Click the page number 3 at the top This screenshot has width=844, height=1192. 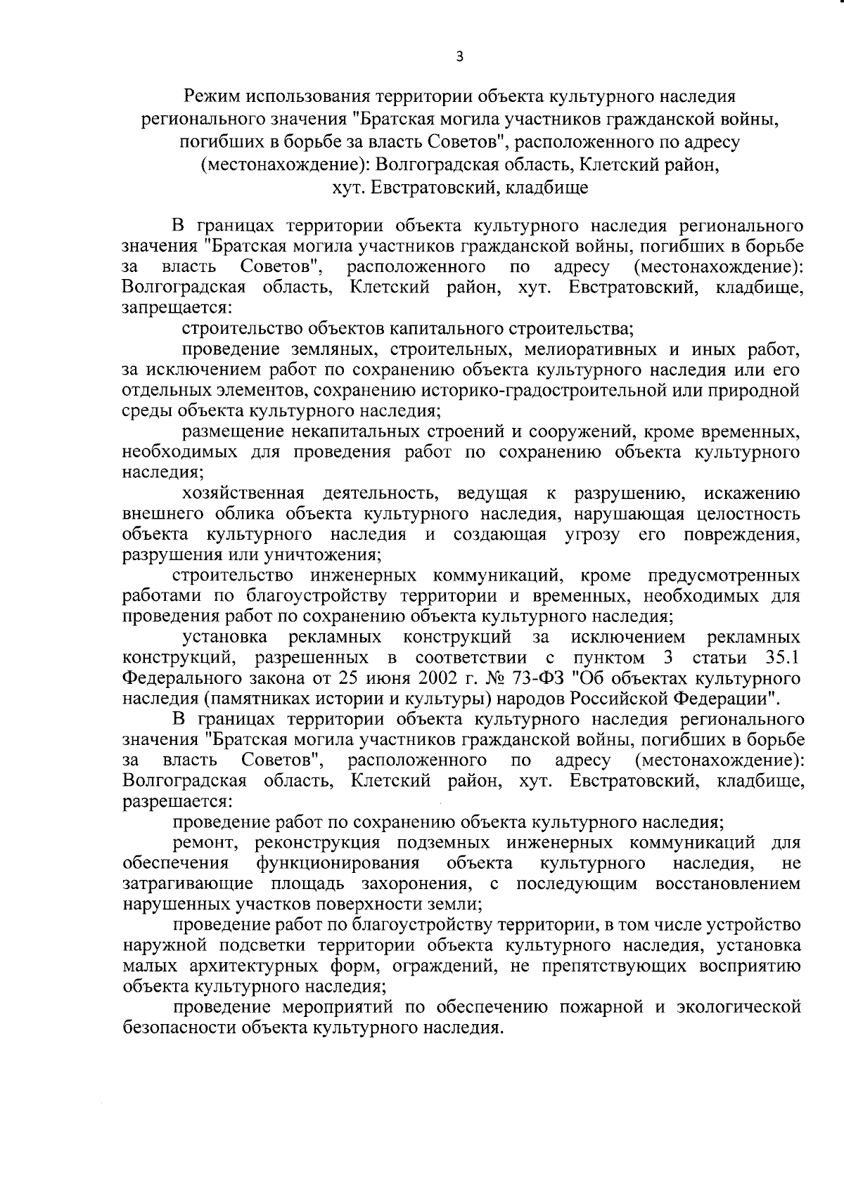(459, 58)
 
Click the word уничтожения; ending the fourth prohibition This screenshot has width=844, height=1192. (321, 555)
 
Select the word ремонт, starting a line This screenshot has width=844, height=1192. (209, 842)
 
